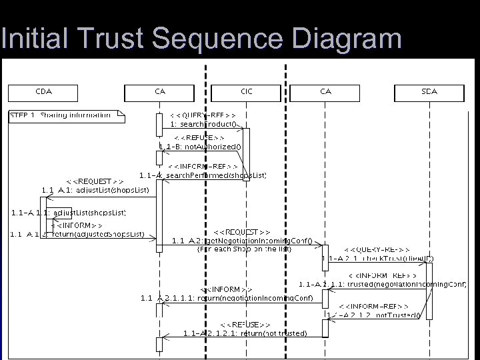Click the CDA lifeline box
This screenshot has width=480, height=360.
43,92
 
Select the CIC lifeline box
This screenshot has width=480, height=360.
247,92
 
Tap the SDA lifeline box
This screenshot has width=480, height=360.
429,92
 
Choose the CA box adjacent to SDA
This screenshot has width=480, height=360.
325,92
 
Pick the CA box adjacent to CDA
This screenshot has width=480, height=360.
159,92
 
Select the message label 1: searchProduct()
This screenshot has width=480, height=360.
203,124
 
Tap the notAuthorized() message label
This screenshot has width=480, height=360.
201,147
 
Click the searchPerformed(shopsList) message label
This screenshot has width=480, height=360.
203,175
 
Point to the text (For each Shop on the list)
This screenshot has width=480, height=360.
243,249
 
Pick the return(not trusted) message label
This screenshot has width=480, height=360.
245,333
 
